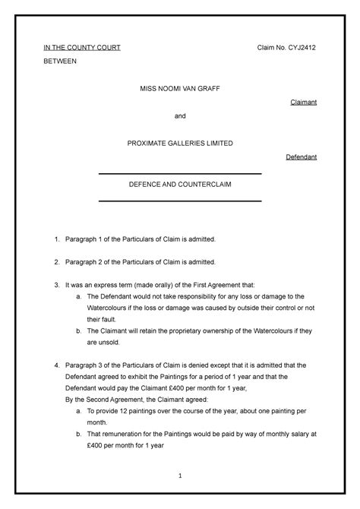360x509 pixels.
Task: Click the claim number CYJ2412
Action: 300,48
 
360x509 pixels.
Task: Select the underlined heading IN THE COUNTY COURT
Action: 81,48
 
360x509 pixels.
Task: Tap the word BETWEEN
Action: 59,62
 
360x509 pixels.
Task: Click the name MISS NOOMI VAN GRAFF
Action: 180,89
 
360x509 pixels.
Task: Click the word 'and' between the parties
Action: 180,116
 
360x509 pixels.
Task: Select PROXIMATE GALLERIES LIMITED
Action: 180,144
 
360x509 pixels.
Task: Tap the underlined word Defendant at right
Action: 301,157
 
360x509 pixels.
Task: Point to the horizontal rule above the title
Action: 180,174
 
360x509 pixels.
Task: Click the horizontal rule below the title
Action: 180,201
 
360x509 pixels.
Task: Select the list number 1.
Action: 56,239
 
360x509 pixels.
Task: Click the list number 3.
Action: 56,283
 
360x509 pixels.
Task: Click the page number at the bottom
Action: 180,476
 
